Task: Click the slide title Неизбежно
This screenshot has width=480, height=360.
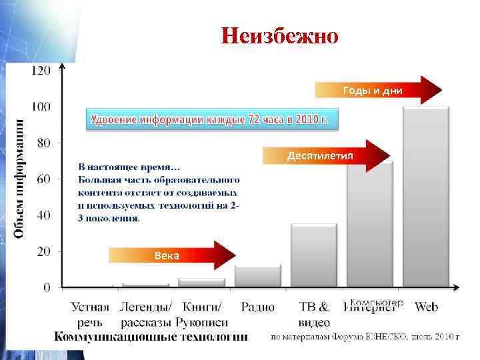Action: click(x=281, y=35)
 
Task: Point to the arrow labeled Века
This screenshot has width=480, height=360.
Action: click(x=171, y=255)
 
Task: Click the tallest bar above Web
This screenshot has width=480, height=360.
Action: click(x=426, y=197)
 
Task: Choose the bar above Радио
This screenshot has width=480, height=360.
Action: click(x=258, y=276)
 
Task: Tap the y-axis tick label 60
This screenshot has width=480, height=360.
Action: click(x=43, y=179)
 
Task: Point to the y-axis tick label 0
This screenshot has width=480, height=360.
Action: click(x=46, y=287)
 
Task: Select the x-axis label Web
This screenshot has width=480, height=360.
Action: click(x=426, y=307)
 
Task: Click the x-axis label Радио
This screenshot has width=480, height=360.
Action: click(x=258, y=307)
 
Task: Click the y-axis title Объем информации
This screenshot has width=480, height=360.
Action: click(x=20, y=178)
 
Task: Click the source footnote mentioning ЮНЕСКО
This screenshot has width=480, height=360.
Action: click(x=365, y=337)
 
